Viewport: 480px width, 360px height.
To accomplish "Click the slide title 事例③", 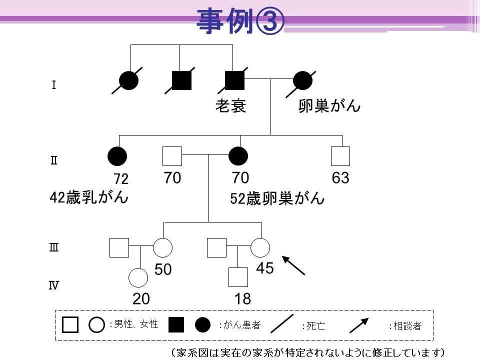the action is click(240, 21).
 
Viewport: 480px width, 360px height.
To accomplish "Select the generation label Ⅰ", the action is click(54, 85).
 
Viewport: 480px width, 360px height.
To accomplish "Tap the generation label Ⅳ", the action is click(53, 285).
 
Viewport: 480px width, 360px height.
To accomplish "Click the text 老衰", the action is click(230, 106).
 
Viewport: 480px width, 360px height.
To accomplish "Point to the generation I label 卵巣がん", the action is click(329, 106).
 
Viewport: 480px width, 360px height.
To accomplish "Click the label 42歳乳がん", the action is click(89, 197).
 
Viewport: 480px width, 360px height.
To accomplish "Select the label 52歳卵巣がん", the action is click(277, 198).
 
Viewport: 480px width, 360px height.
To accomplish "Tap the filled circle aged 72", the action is click(117, 156).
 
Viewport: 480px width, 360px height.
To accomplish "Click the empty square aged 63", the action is click(340, 156).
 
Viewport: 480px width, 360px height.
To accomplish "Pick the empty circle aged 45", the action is click(260, 247).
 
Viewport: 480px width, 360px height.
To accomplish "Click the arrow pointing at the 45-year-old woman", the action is click(293, 265).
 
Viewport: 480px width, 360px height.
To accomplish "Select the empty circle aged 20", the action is click(138, 277).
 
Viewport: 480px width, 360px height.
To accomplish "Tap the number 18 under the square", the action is click(243, 299).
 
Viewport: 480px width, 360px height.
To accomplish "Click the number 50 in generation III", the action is click(163, 269).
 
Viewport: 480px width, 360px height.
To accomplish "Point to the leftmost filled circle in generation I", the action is click(128, 80).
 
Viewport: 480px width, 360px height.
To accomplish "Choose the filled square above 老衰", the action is click(235, 80).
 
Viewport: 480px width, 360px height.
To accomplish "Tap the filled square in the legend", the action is click(176, 325).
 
